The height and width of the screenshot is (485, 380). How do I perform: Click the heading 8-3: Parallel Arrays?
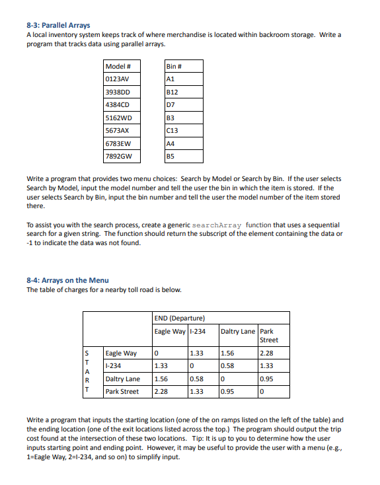[58, 26]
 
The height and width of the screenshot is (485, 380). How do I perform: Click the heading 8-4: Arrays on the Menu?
[67, 280]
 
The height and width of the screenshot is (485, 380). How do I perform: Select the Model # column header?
[118, 67]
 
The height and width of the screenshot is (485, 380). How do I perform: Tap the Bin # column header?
[174, 67]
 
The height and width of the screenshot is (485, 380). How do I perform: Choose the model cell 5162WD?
[119, 118]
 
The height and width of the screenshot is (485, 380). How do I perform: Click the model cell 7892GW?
[119, 157]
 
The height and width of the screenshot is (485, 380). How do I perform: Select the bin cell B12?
[174, 93]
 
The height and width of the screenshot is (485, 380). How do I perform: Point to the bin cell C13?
[174, 131]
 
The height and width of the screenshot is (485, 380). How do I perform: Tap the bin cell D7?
[171, 105]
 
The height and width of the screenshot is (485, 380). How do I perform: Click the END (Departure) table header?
[180, 318]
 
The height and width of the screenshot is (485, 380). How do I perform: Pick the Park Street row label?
[122, 391]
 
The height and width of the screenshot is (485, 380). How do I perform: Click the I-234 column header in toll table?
[198, 331]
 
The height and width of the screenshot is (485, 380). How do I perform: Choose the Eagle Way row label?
[121, 354]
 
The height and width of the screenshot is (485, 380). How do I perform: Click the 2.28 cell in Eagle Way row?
[267, 354]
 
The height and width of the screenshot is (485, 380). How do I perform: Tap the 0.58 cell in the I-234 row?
[227, 366]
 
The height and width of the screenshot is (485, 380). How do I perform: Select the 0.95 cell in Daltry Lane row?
[267, 379]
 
